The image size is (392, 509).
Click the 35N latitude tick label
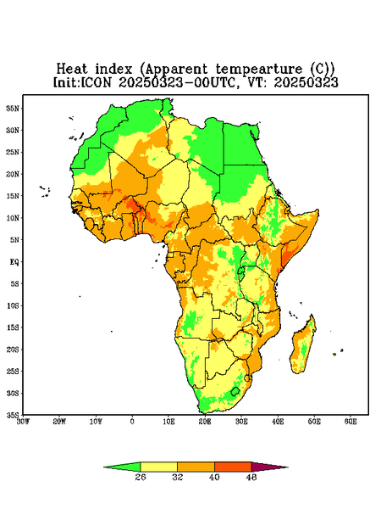13,108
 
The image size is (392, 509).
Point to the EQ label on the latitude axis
14,261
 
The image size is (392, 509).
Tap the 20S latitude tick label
13,350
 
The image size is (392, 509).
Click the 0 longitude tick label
132,422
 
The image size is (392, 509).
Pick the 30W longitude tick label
23,422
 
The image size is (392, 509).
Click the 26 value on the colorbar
141,477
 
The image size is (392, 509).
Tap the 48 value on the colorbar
251,477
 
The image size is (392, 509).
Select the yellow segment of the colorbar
158,467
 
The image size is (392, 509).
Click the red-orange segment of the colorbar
233,467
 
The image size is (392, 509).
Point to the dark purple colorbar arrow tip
288,467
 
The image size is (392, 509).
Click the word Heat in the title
72,70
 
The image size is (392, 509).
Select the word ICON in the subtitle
96,82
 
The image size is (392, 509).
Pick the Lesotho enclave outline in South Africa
235,391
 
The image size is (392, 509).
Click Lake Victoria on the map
240,271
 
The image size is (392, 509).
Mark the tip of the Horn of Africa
318,210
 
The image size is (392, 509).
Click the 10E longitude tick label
168,422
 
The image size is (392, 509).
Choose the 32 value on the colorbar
178,477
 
